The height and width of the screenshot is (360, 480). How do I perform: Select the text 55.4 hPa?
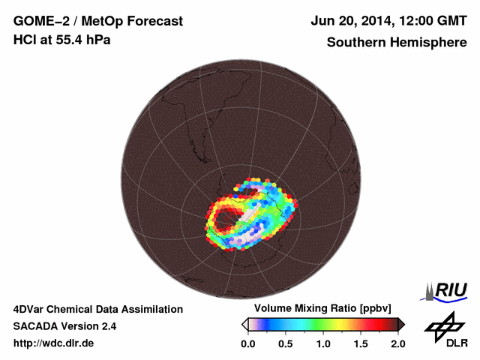point(84,40)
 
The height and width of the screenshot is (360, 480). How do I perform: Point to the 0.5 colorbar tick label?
point(285,343)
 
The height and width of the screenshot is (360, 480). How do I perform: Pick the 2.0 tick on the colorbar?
point(397,343)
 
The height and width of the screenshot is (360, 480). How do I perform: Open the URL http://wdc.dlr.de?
point(54,343)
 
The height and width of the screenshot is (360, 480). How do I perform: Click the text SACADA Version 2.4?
point(64,326)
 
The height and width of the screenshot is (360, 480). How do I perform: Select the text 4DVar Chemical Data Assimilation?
point(97,309)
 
